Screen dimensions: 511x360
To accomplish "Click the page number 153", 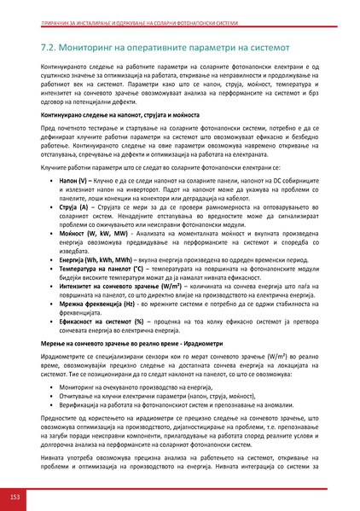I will click(15, 496).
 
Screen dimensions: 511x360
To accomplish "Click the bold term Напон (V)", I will click(69, 182).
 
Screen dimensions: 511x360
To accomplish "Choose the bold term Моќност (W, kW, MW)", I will click(90, 232).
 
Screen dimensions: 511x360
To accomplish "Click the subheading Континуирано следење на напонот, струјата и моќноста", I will click(122, 113).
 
